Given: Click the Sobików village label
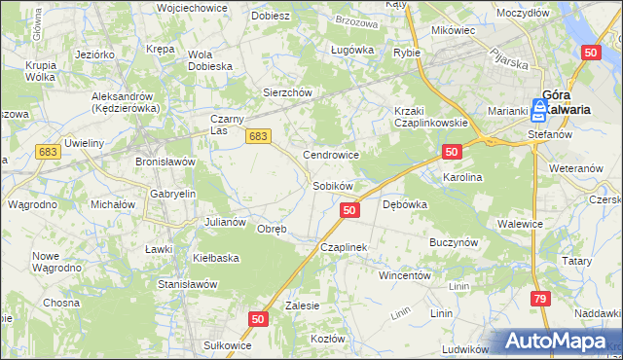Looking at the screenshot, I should point(332,185).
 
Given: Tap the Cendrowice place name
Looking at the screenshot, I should point(332,155).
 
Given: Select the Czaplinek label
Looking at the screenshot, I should point(343,247).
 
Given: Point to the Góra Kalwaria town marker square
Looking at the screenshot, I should point(541,109).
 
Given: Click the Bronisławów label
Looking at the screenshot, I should point(165,161).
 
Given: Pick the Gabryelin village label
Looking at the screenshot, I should point(173,194).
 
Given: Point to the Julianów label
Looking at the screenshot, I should point(224,222).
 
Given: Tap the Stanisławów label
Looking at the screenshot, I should point(187,284).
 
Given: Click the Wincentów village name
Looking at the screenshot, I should point(404,275).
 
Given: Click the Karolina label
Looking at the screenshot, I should point(462,178).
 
